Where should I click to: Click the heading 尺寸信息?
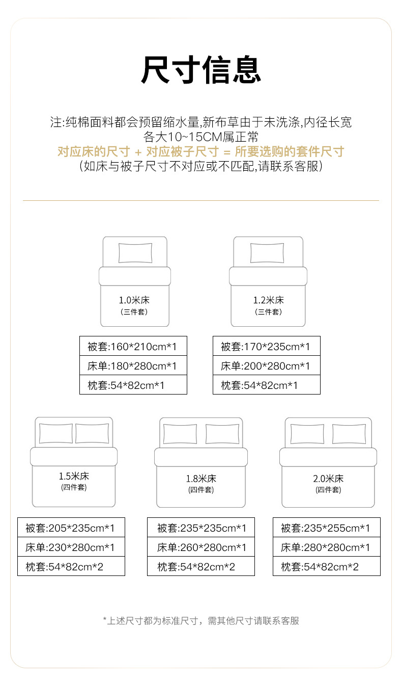coord(201,70)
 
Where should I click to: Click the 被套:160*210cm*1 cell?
coord(133,347)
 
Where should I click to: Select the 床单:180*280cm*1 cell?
coord(133,366)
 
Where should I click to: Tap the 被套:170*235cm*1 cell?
coord(266,347)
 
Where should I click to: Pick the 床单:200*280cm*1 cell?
coord(266,366)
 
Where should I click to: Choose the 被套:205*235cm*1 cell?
coord(71,528)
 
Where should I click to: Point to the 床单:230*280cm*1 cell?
coord(71,548)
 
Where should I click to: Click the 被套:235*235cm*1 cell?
coord(201,528)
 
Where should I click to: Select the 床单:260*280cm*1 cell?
coord(201,548)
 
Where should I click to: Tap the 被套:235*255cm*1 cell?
coord(326,528)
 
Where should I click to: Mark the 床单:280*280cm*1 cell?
coord(326,548)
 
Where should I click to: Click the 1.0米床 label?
coord(134,300)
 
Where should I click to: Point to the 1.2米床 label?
coord(269,300)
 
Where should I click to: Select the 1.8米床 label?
coord(201,479)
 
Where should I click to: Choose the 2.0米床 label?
coord(328,479)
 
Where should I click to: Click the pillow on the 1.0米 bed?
coord(135,253)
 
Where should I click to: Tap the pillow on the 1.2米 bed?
coord(267,253)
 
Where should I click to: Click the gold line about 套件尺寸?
coord(201,152)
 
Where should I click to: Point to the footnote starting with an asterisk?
coord(201,621)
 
